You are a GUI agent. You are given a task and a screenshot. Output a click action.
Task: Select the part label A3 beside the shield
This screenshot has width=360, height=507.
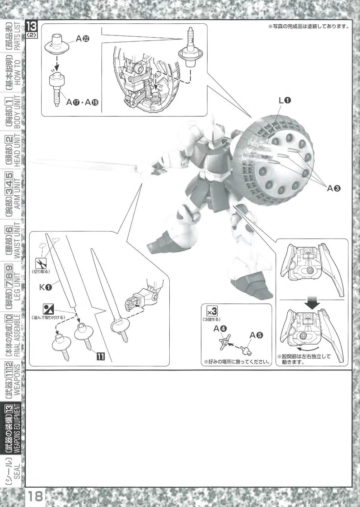point(334,188)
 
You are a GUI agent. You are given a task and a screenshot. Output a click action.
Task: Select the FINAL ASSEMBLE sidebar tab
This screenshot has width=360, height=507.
point(13,335)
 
